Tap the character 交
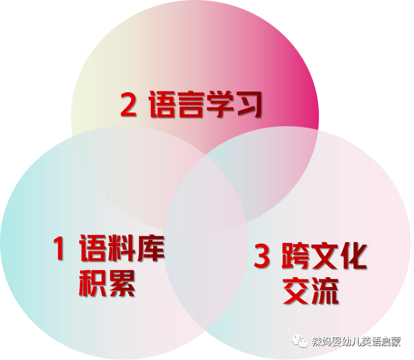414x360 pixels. coord(296,291)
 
